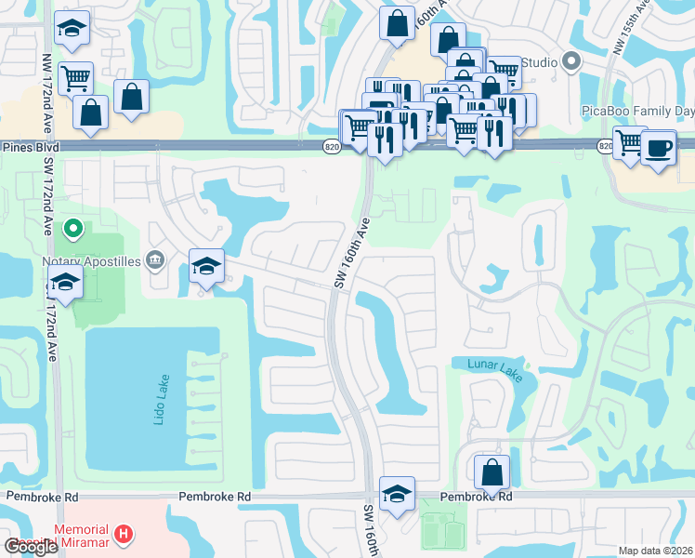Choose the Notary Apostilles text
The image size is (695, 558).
pyautogui.click(x=91, y=261)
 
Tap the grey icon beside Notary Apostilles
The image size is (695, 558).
pyautogui.click(x=155, y=261)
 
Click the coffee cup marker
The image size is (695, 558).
pyautogui.click(x=659, y=149)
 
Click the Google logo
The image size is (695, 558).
pyautogui.click(x=31, y=547)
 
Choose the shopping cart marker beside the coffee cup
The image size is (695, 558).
pyautogui.click(x=630, y=142)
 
